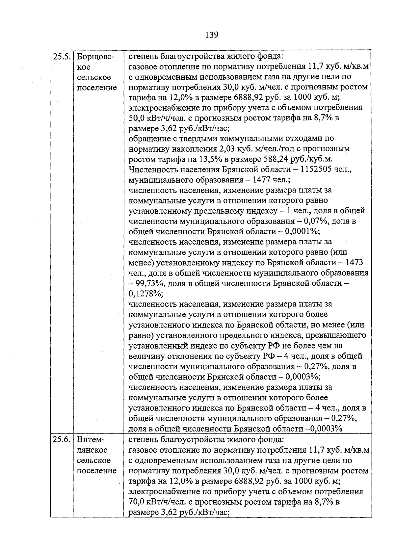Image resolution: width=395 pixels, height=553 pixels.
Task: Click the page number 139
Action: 211,35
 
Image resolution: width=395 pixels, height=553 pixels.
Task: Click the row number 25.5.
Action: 62,57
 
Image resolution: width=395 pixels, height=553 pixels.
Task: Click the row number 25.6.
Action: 62,439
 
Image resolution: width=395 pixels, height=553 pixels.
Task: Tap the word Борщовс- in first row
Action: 95,57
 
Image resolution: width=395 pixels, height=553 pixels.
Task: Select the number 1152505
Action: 317,170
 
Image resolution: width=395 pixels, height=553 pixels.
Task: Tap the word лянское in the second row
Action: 92,450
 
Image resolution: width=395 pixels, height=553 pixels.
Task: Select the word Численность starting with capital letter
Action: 149,170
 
